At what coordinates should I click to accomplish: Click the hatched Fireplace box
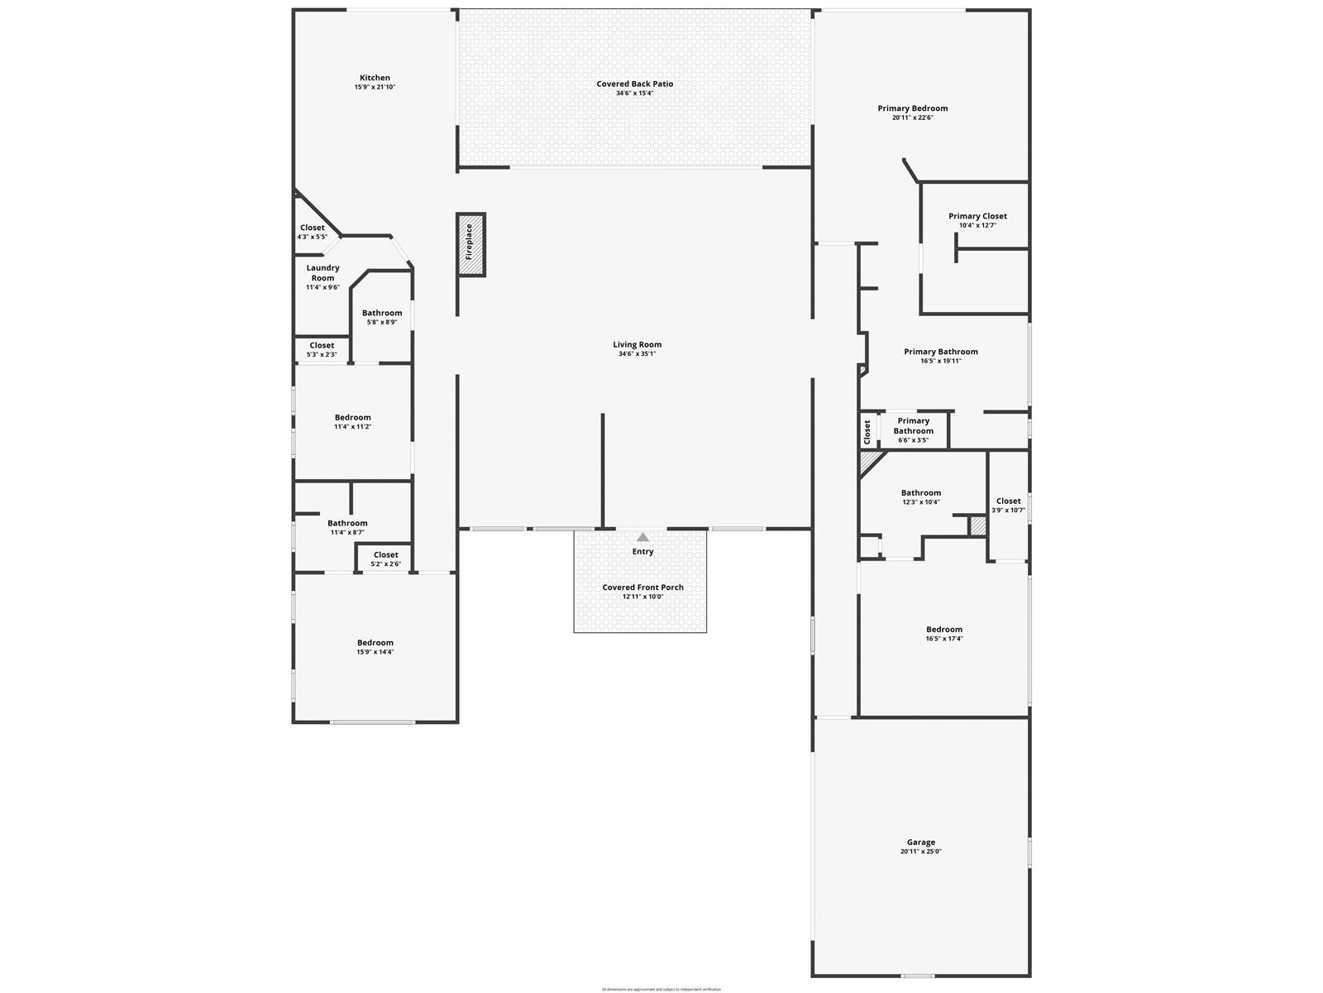(x=470, y=244)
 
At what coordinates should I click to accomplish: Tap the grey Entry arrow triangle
(x=642, y=537)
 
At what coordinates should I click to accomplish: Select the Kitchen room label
(x=375, y=78)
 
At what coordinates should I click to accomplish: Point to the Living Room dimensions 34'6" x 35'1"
(x=637, y=354)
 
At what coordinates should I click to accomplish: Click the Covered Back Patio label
(x=634, y=84)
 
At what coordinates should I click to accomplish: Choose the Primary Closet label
(x=977, y=216)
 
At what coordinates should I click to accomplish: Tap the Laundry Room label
(x=322, y=272)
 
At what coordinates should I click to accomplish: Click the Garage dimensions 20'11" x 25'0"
(x=920, y=851)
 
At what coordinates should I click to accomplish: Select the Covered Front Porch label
(x=642, y=588)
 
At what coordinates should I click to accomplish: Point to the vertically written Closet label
(x=867, y=431)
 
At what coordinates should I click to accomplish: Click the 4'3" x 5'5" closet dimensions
(x=312, y=237)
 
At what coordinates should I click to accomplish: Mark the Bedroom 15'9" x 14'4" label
(x=375, y=643)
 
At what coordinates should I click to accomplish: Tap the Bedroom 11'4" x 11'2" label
(x=352, y=418)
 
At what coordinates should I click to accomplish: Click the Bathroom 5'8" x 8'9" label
(x=382, y=313)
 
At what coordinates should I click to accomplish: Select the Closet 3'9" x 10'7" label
(x=1008, y=501)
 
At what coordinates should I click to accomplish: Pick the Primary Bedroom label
(x=912, y=108)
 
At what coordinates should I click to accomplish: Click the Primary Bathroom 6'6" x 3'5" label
(x=913, y=425)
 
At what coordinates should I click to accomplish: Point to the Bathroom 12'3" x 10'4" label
(x=920, y=493)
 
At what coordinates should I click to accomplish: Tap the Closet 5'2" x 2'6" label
(x=385, y=555)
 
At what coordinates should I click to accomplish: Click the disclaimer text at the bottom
(x=661, y=989)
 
